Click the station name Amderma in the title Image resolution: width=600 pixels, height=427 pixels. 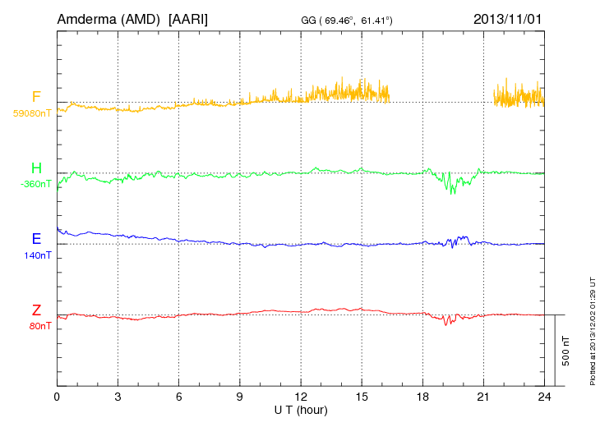85,18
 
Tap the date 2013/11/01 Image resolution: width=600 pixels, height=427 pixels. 507,18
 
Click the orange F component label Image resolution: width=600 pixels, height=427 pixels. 36,99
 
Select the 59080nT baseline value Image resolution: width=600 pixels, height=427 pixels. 31,113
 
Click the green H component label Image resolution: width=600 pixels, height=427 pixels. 36,169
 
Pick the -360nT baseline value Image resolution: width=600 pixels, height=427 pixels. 35,184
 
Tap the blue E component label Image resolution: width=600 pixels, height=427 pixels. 36,240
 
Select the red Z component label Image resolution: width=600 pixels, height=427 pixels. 36,310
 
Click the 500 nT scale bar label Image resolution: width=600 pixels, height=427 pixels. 566,350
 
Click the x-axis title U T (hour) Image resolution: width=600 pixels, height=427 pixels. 301,410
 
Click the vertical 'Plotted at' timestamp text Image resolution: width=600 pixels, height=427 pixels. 592,328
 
